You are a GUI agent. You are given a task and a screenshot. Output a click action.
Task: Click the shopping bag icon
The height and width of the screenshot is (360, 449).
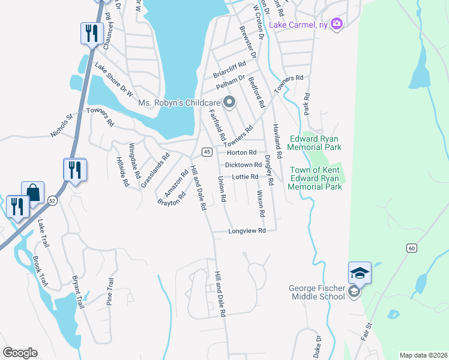(32, 193)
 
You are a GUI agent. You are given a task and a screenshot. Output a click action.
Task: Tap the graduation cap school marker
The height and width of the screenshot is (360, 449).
(360, 273)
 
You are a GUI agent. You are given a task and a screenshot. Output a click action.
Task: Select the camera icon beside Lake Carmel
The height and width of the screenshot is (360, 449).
(336, 23)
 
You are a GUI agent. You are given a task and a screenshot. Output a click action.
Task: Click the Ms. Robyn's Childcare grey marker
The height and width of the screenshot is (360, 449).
(228, 103)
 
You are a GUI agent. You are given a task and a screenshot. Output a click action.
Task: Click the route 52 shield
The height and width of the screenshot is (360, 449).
(53, 202)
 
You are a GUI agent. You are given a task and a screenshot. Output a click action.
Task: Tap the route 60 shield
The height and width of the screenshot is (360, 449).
(411, 248)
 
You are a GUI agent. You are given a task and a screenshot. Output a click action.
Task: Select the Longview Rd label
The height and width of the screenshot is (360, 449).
(247, 231)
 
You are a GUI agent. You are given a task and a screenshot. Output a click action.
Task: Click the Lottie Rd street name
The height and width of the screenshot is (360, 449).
(246, 177)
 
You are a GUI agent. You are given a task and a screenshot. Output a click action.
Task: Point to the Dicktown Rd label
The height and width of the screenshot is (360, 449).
(243, 165)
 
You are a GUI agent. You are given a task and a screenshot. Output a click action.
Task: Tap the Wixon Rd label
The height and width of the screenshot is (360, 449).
(261, 203)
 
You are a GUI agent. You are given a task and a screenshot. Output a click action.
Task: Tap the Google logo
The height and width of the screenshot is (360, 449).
(19, 353)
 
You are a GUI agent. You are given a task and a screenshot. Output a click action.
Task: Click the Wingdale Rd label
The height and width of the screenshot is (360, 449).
(134, 162)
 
